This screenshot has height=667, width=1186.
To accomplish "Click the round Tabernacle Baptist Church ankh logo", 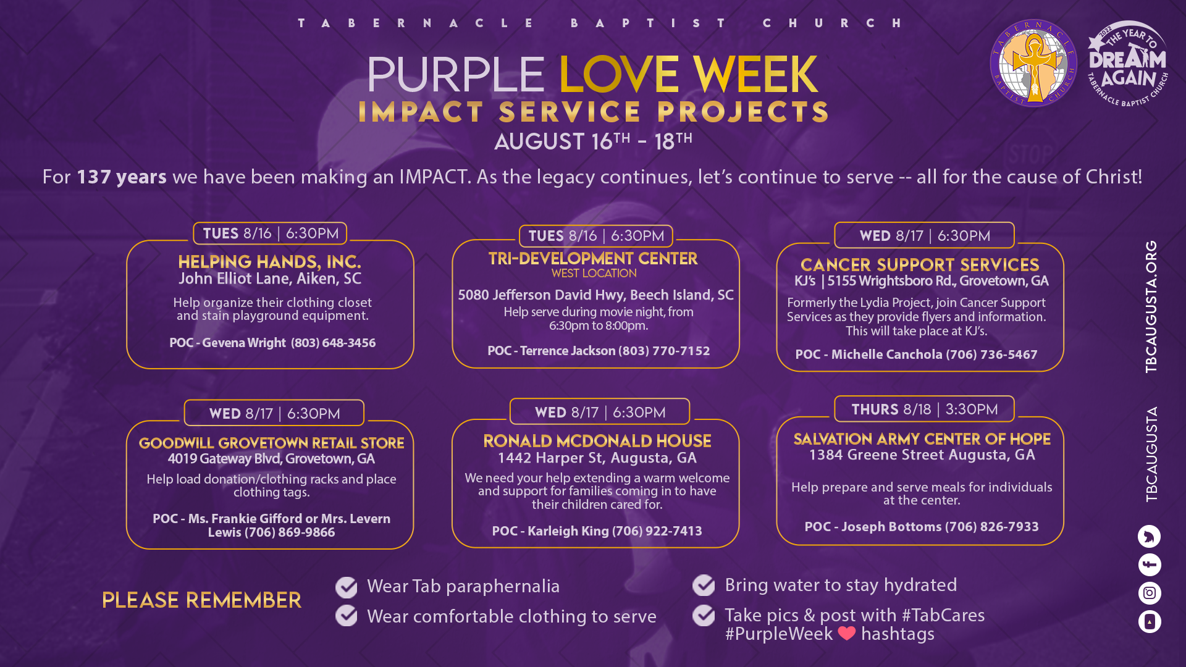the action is coord(1033,63).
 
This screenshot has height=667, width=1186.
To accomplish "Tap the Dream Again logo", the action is coord(1128,64).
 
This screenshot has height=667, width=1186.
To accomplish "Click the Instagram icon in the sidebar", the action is coord(1150,593).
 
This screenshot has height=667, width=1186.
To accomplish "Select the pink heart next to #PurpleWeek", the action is coord(847,633).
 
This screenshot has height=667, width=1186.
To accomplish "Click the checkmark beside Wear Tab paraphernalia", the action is coord(347,587).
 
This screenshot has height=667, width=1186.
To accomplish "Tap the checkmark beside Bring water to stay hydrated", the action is coord(704,585).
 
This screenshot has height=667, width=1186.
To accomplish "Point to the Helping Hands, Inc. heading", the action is coord(270,262).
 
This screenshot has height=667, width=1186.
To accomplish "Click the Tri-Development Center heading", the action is coord(593,259).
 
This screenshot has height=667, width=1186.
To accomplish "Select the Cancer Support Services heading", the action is coord(920,265).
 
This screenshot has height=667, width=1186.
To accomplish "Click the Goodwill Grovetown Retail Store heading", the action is coord(271,443).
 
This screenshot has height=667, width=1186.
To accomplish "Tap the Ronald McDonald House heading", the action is coord(597,441).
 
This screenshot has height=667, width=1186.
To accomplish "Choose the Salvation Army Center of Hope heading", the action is coord(922,439).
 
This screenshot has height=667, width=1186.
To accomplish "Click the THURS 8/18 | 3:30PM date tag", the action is coord(924,409).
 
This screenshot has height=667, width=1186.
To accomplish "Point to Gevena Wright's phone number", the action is coord(333,343).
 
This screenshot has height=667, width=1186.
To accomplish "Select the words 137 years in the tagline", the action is coord(122,177).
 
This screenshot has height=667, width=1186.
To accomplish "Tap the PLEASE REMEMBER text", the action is coord(201,600).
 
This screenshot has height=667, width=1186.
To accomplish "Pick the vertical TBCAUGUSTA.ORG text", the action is coord(1151,306).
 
